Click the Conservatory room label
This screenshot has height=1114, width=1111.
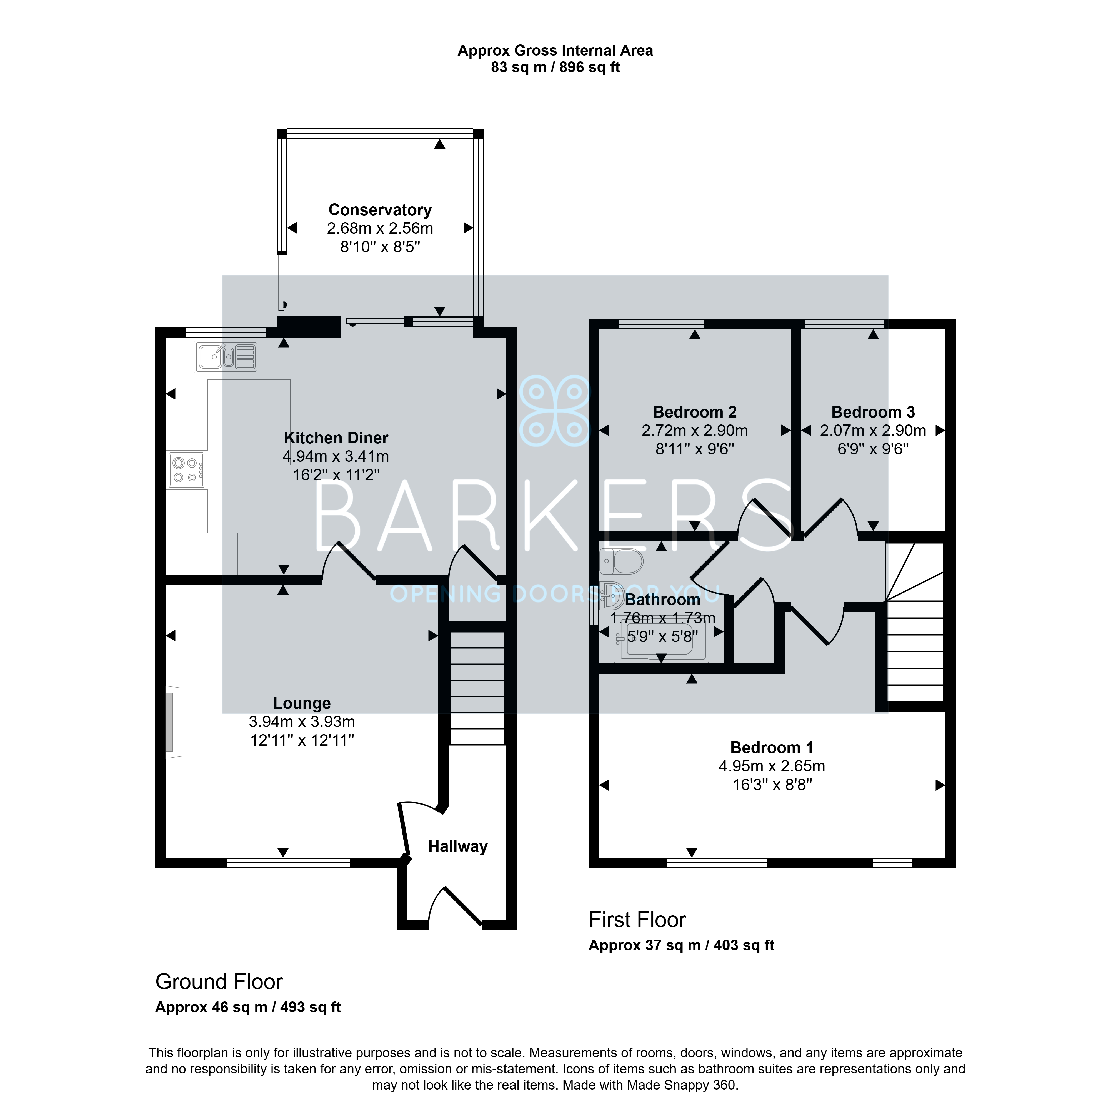tap(380, 210)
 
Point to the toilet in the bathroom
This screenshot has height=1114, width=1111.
tap(621, 561)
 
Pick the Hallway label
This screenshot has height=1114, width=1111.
tap(458, 846)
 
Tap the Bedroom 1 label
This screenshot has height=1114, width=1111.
tap(771, 748)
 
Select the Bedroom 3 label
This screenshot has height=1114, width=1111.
tap(873, 412)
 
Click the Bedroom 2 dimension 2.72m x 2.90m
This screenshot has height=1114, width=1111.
tap(695, 431)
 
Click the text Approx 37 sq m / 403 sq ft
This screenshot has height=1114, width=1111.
tap(681, 946)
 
